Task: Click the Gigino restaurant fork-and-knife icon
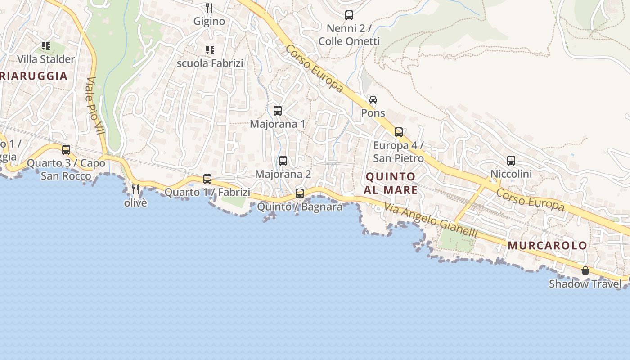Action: [209, 8]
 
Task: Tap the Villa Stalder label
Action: [46, 59]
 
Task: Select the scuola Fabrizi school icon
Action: [210, 49]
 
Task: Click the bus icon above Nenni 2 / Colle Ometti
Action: [349, 15]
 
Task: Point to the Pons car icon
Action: [373, 99]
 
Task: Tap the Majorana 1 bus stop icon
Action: [278, 110]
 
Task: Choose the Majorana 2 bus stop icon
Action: [283, 161]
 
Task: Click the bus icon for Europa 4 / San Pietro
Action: [399, 132]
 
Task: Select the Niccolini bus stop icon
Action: [511, 160]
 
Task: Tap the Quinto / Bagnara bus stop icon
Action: [300, 193]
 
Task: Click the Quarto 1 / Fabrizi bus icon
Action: [207, 179]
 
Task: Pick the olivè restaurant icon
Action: [135, 189]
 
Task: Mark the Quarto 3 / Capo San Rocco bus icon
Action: [66, 150]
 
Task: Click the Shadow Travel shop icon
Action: [585, 270]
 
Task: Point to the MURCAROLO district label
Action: [548, 246]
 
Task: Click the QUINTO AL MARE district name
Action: [391, 183]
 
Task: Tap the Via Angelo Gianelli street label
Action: [430, 220]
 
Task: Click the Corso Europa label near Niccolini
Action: [530, 199]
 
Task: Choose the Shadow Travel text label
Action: [585, 284]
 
